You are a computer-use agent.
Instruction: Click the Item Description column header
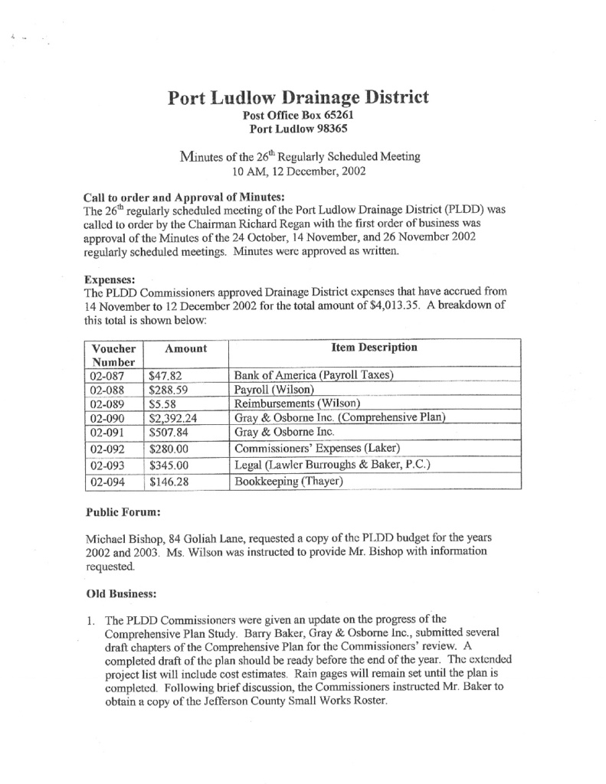click(x=374, y=348)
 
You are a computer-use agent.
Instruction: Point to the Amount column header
click(x=186, y=348)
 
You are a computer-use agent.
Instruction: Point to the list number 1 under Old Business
click(x=88, y=619)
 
